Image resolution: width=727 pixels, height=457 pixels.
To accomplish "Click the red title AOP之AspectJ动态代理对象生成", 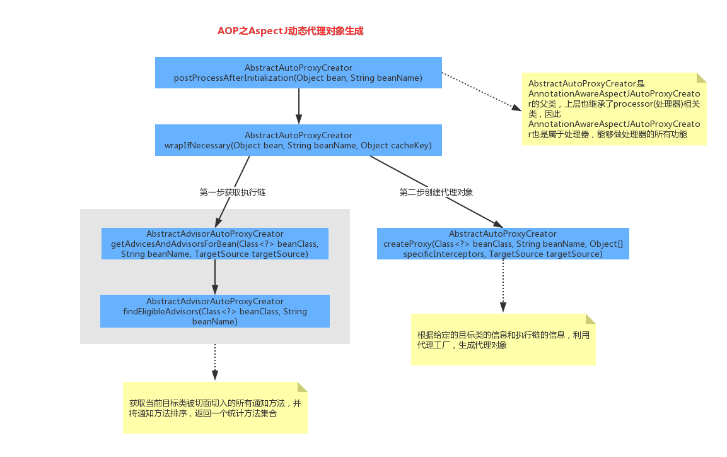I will click(290, 31).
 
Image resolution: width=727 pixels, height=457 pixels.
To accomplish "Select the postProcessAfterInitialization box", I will click(298, 73).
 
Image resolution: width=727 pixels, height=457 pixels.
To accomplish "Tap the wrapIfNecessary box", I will click(298, 140).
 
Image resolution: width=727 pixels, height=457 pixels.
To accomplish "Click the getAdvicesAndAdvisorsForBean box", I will click(215, 244).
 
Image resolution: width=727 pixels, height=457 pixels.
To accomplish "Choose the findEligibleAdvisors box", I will click(215, 311).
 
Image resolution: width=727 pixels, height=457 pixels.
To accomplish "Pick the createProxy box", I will click(503, 244).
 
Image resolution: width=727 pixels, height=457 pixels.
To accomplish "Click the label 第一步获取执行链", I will click(233, 193).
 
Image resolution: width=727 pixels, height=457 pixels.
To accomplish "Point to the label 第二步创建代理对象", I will click(436, 193).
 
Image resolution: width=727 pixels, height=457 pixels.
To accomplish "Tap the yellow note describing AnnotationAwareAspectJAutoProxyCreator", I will click(614, 109).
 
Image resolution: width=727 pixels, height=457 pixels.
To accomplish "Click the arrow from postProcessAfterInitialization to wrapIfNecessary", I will click(299, 105).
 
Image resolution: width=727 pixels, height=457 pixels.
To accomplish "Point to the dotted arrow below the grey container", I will click(215, 362).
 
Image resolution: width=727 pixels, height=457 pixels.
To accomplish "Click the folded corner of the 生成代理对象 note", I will click(591, 319).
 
